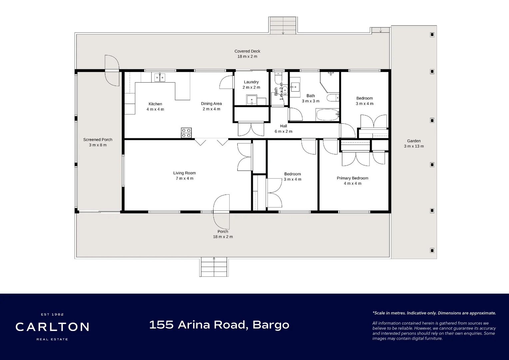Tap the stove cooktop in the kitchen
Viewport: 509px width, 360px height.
pyautogui.click(x=186, y=133)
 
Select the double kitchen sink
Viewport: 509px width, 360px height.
pyautogui.click(x=160, y=77)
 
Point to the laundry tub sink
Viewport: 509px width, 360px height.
pyautogui.click(x=252, y=100)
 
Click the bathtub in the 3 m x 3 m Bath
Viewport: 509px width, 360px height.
pyautogui.click(x=327, y=115)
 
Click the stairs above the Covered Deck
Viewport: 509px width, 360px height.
pyautogui.click(x=283, y=25)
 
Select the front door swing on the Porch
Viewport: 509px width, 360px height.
pyautogui.click(x=221, y=212)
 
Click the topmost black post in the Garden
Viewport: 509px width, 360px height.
pyautogui.click(x=432, y=35)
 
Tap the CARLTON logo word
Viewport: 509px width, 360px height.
pyautogui.click(x=52, y=327)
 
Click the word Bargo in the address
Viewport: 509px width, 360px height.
pyautogui.click(x=271, y=325)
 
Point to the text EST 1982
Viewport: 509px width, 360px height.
pyautogui.click(x=52, y=314)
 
